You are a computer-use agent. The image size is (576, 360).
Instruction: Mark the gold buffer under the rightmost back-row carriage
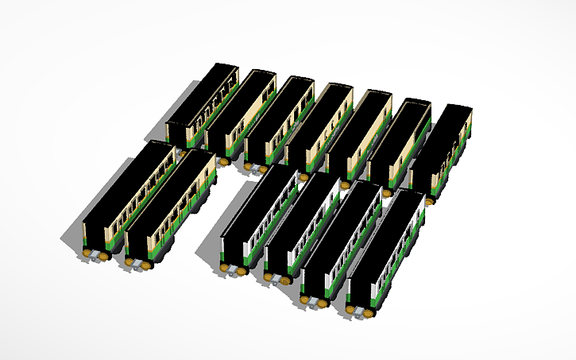pos(429,202)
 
